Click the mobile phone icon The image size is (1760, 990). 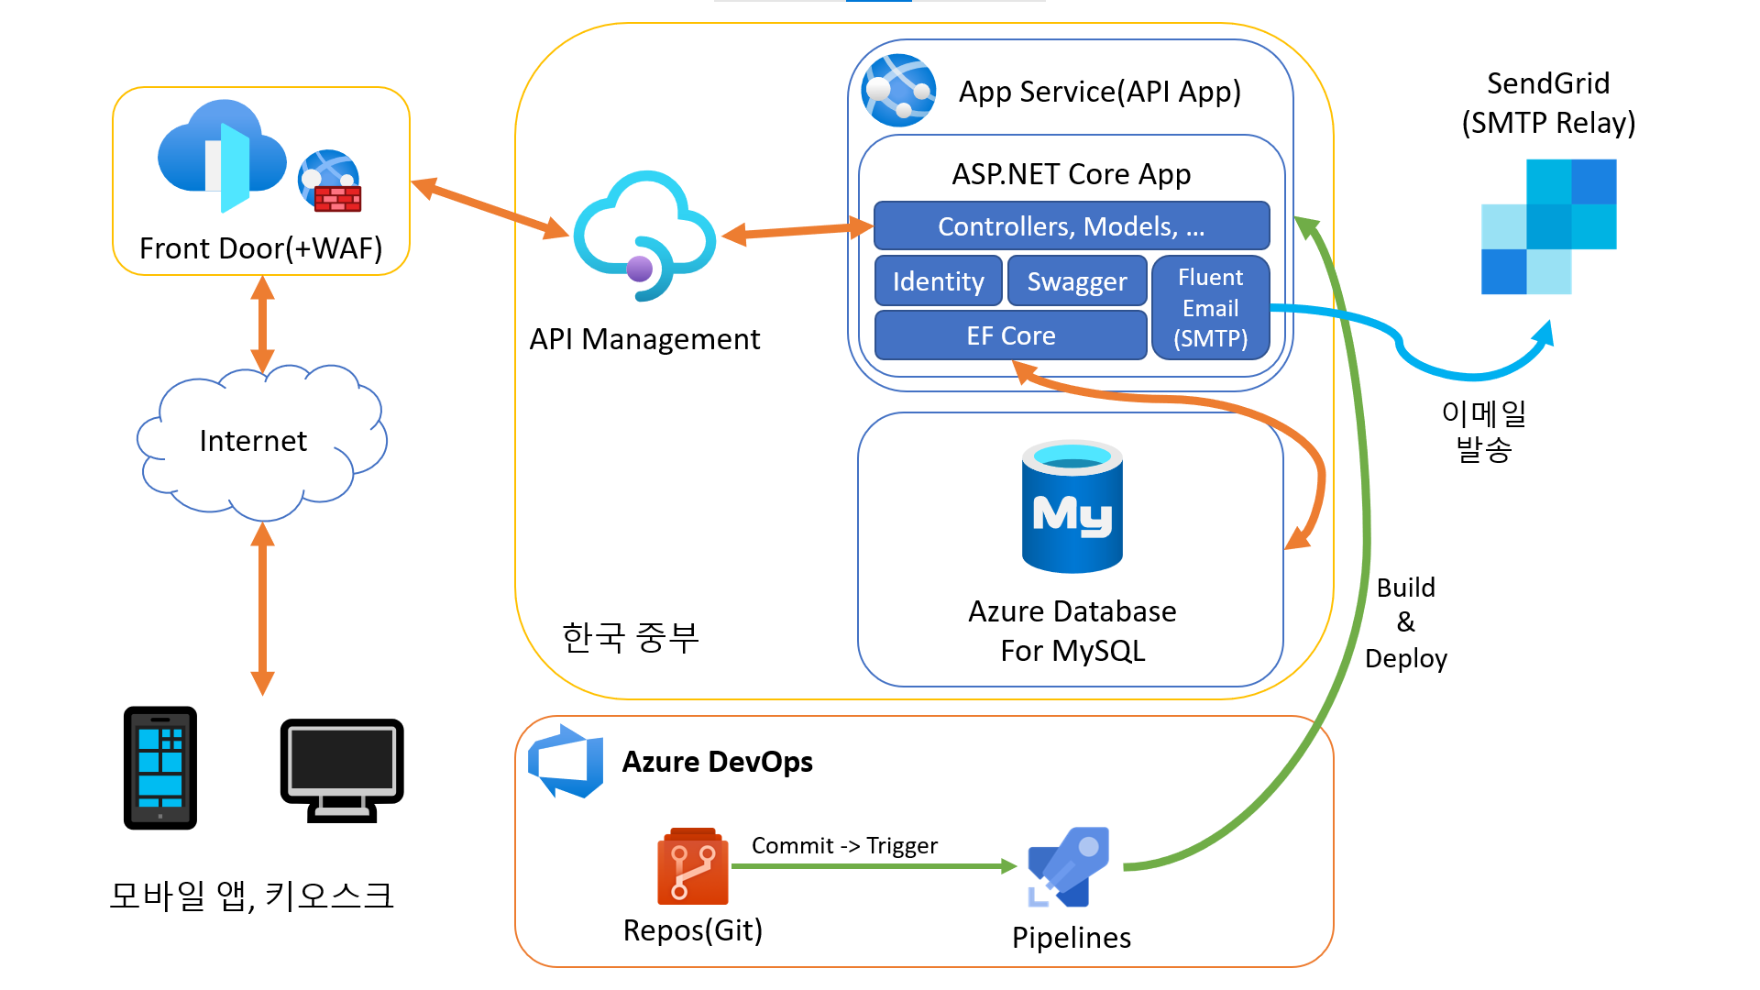click(x=160, y=768)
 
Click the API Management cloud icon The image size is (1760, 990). click(x=644, y=236)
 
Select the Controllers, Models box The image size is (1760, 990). click(x=1071, y=226)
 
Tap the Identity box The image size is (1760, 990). click(x=938, y=281)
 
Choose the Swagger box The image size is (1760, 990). click(x=1077, y=281)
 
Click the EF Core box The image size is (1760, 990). click(x=1010, y=335)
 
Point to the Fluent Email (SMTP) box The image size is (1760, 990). click(x=1210, y=308)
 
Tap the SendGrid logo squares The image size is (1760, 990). click(x=1548, y=226)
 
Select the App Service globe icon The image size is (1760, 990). click(x=898, y=90)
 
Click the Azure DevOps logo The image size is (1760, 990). click(x=566, y=761)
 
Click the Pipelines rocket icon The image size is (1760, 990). click(x=1069, y=867)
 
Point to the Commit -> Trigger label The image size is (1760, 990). click(x=844, y=845)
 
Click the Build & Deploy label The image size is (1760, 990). click(x=1405, y=623)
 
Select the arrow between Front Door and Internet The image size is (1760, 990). click(x=263, y=324)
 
